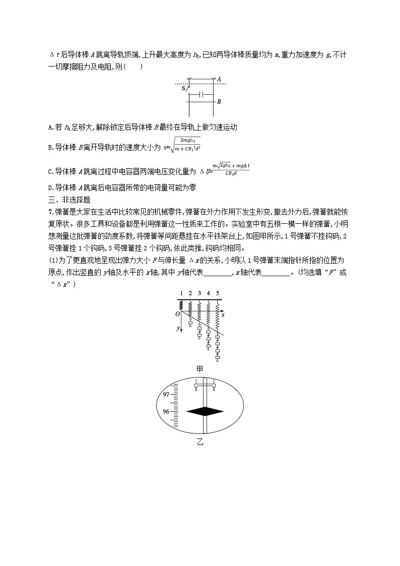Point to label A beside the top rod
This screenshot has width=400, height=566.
click(x=219, y=79)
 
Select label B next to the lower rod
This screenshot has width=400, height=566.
click(x=219, y=102)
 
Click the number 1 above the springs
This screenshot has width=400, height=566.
click(x=181, y=293)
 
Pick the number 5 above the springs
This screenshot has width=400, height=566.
click(x=218, y=293)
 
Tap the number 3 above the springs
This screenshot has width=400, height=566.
click(x=199, y=293)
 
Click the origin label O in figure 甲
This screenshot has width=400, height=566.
click(x=177, y=314)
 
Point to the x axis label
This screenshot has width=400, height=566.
click(x=223, y=314)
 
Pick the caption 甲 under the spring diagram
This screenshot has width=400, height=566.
click(x=200, y=369)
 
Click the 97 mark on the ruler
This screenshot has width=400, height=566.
click(x=166, y=395)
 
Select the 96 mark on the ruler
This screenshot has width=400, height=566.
click(x=166, y=411)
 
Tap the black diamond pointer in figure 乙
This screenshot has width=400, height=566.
click(x=205, y=412)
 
